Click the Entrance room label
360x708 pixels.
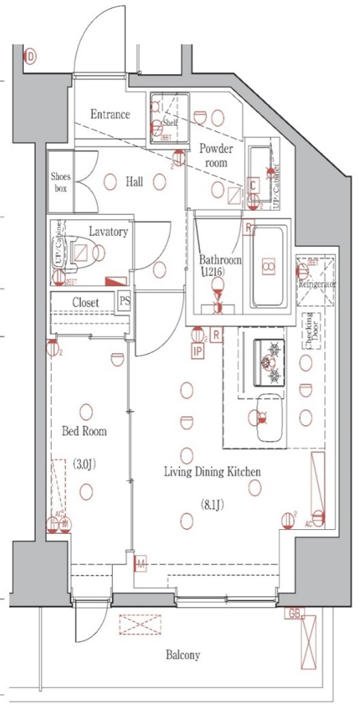[110, 114]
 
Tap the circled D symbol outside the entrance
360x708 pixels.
[31, 57]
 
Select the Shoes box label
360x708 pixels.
[61, 182]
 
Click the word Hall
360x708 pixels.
[134, 182]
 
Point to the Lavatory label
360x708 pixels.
[108, 232]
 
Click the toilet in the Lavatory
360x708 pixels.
[82, 252]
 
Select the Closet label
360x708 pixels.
[85, 302]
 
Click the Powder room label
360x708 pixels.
[216, 156]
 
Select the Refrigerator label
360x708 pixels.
[317, 284]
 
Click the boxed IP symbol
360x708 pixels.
[197, 352]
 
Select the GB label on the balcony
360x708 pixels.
[294, 613]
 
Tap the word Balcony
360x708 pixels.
[183, 656]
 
